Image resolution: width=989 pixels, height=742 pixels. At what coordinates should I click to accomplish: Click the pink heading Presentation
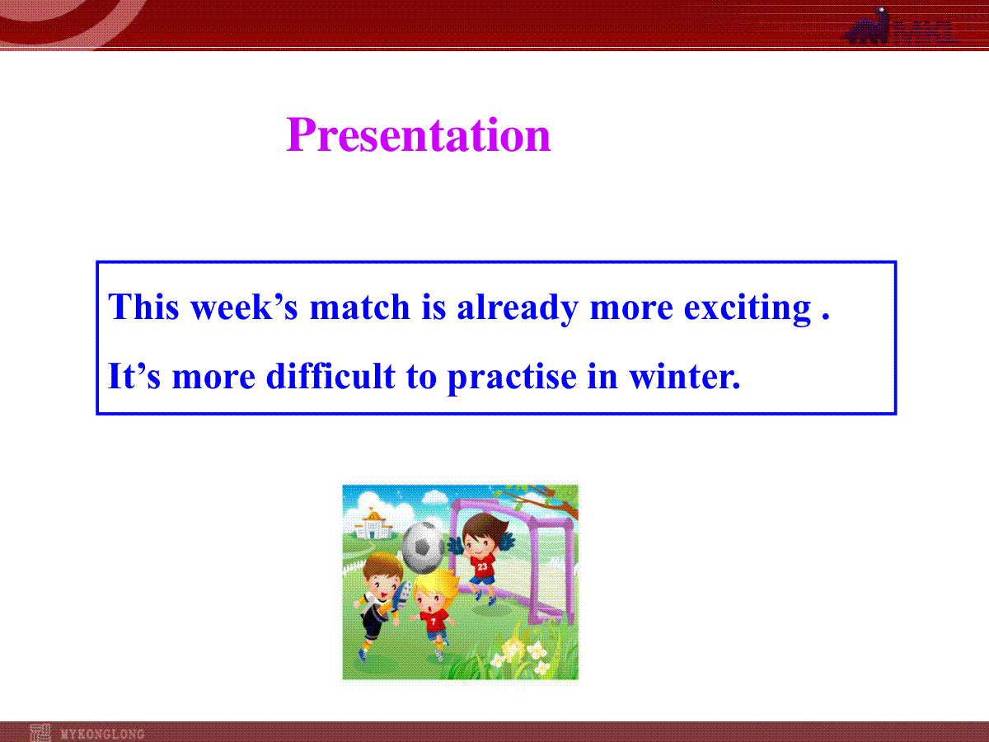(x=418, y=134)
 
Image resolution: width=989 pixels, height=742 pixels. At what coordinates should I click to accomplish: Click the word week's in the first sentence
(x=244, y=307)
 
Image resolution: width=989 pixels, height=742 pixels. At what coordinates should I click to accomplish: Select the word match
(x=359, y=307)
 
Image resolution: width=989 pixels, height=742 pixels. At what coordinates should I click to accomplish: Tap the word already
(x=518, y=308)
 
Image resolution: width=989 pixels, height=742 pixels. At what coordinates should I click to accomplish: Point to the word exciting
(x=748, y=308)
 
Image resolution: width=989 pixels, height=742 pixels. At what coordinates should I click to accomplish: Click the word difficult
(x=330, y=375)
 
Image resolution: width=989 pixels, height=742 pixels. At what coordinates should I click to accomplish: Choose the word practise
(x=512, y=378)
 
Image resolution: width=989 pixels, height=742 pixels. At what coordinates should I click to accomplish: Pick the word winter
(x=684, y=376)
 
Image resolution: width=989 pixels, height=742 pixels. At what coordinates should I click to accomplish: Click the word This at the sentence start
(x=143, y=307)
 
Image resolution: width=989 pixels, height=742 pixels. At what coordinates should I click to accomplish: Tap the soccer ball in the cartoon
(x=423, y=547)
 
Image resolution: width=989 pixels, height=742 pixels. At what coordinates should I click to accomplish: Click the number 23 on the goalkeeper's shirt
(x=483, y=566)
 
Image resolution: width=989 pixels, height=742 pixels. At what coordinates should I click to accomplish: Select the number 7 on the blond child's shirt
(x=433, y=622)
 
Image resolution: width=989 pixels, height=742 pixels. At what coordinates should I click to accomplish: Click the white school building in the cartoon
(x=373, y=524)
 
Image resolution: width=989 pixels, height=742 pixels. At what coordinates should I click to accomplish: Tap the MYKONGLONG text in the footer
(x=103, y=734)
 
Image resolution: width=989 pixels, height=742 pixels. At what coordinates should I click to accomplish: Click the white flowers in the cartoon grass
(x=523, y=653)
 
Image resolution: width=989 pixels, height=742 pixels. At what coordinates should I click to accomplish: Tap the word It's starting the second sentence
(x=134, y=375)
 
